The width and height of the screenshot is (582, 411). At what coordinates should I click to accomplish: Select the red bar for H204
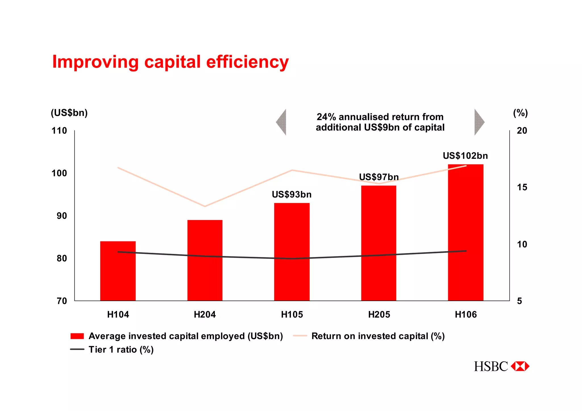coord(205,260)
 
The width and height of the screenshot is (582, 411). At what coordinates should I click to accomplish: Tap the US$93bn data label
coord(292,195)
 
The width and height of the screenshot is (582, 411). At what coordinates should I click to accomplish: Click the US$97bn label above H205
coord(379,177)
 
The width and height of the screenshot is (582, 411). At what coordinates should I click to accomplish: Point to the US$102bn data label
coord(465,156)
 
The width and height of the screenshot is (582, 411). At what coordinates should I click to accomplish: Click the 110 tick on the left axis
coord(59,131)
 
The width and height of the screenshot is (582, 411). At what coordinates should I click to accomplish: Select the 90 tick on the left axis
coord(62,216)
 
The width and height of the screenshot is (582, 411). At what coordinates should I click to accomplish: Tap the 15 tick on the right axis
coord(522,187)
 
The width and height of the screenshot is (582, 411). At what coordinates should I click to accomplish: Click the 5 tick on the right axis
coord(519,301)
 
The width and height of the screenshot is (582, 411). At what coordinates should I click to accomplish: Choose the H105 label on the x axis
coord(292,314)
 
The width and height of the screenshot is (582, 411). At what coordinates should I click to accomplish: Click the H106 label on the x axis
coord(465,314)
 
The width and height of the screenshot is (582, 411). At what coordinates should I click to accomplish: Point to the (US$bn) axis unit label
coord(69,113)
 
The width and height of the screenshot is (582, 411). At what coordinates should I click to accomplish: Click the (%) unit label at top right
coord(520,113)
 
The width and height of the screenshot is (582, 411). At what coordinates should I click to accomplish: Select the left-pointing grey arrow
coord(282,122)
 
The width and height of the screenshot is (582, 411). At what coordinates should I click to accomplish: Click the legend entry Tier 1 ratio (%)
coord(121,349)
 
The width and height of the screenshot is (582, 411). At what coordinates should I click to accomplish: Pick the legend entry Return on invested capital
coord(378,336)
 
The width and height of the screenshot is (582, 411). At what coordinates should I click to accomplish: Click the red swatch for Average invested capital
coord(77,336)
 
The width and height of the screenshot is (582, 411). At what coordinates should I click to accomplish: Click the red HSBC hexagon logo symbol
coord(520,366)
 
